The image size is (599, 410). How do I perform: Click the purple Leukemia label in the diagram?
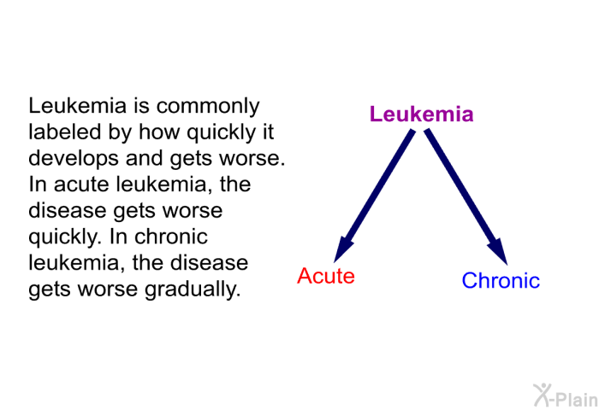(421, 114)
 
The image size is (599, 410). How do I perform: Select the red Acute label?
(326, 275)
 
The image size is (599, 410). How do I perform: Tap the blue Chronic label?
(501, 280)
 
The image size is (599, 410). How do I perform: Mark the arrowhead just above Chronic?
(499, 250)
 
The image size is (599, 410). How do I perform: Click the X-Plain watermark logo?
(566, 395)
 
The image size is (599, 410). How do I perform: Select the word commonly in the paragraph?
(208, 107)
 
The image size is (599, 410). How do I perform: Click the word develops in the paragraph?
(74, 159)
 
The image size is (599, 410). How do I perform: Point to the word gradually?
(193, 290)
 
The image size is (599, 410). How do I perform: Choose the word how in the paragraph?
(159, 132)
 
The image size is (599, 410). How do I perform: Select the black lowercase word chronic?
(171, 236)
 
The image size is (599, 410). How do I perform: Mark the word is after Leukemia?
(141, 106)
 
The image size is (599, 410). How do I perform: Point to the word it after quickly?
(268, 132)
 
